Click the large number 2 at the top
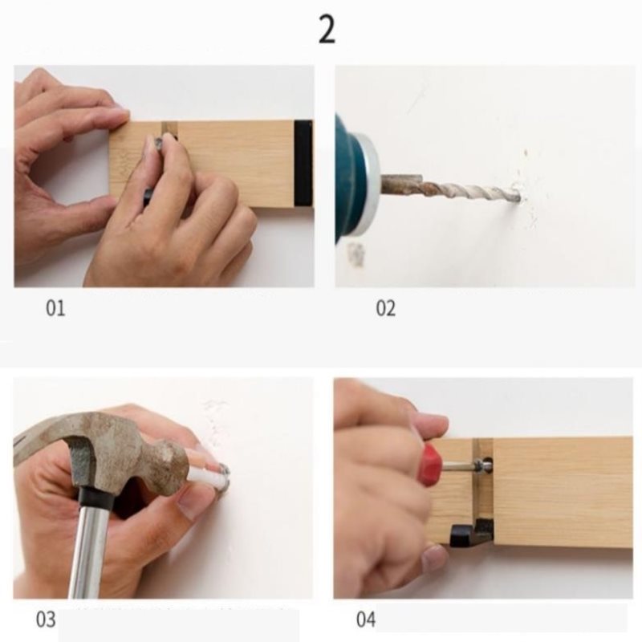coord(327,30)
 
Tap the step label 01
coord(55,308)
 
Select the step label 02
coord(386,308)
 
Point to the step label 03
coord(46,620)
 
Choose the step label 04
coord(366,620)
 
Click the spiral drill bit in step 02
coord(450,189)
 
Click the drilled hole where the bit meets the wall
coord(519,199)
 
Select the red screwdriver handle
coord(430,465)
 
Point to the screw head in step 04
coord(486,465)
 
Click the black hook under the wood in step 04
coord(471,534)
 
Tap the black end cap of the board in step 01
coord(303,163)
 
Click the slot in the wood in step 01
coord(169,130)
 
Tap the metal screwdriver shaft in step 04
coord(458,465)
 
